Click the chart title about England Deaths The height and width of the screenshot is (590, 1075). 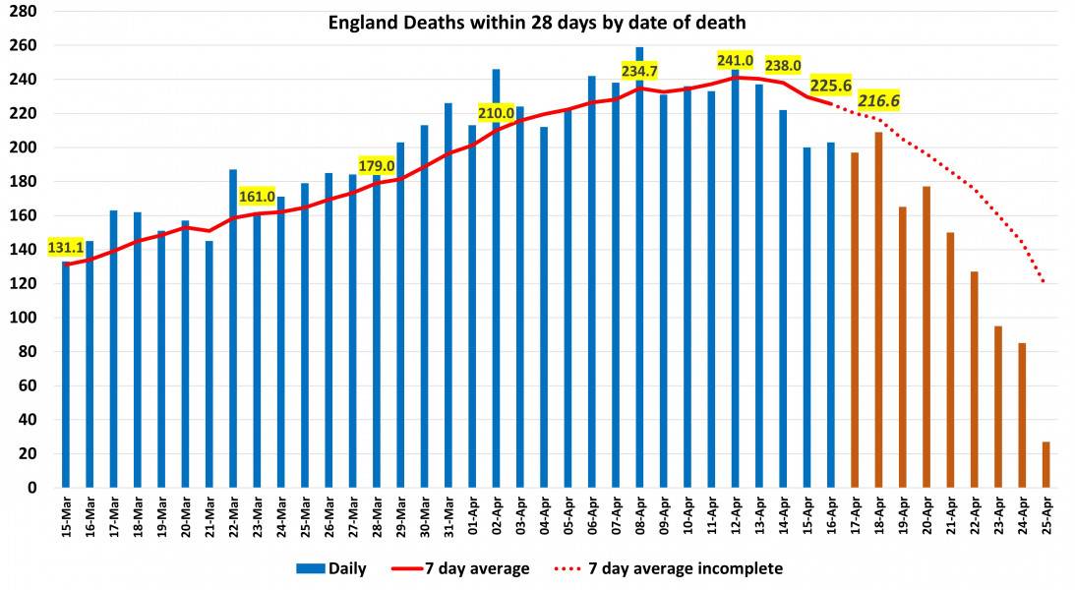(537, 22)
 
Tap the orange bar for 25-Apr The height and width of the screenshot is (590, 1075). (1045, 464)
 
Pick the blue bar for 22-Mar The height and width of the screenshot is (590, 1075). (233, 334)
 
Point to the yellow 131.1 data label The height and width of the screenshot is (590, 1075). (66, 248)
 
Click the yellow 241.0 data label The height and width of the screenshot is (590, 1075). (735, 61)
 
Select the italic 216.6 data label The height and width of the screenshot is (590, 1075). (879, 100)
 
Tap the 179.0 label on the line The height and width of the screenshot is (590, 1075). (376, 165)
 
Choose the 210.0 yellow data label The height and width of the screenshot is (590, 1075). (496, 112)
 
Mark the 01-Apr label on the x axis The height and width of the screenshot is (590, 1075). (473, 520)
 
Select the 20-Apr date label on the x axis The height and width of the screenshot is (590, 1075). (926, 520)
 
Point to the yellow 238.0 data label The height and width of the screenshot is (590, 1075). (783, 66)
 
